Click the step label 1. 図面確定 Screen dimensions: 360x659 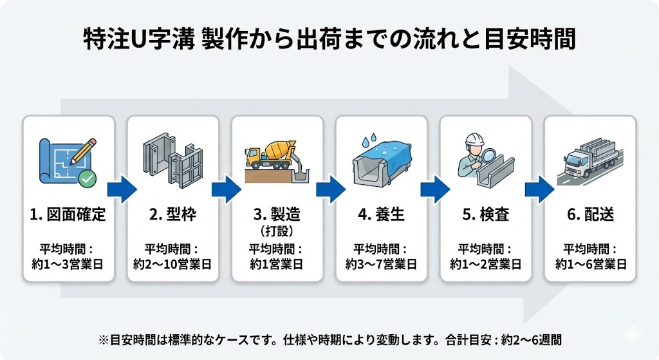68,214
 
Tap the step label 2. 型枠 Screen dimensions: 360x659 172,214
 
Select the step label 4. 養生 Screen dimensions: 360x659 382,214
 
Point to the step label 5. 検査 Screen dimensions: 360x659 486,214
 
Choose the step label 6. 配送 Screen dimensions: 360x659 590,214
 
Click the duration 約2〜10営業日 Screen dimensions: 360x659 172,263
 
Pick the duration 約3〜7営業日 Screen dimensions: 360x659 382,263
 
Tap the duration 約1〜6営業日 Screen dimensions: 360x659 590,263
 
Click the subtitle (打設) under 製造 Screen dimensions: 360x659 277,230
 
